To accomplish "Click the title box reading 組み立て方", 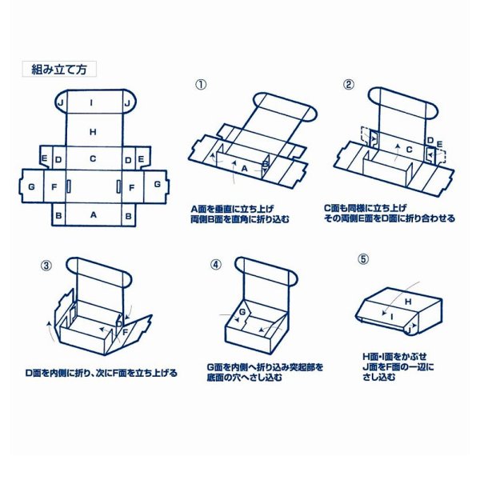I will coord(58,69).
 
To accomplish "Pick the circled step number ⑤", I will coord(363,260).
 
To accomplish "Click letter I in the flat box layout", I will coord(93,102).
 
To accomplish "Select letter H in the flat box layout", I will coord(94,131).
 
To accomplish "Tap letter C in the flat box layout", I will coord(94,159).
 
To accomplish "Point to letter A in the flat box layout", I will coord(94,214).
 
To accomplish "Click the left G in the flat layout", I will coord(30,186).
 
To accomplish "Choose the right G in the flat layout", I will coord(158,184).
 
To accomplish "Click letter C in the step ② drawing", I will coord(409,149).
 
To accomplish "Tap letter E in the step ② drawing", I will coord(439,145).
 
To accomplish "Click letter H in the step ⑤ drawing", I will coord(407,302).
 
